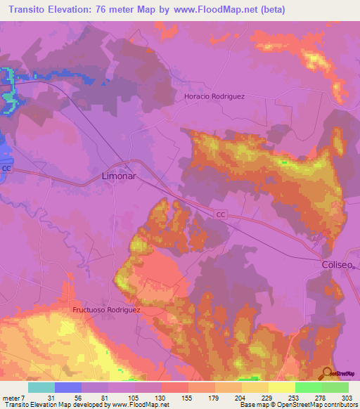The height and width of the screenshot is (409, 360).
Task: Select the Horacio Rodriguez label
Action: [214, 96]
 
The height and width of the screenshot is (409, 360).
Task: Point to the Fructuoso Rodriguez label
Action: [107, 309]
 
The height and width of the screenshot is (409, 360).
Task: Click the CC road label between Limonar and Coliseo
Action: [221, 214]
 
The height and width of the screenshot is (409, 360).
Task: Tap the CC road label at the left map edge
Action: [6, 169]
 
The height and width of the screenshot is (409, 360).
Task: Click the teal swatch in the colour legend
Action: [41, 387]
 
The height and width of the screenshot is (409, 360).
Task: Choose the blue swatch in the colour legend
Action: [67, 387]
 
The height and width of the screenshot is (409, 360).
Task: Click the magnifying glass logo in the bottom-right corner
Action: [328, 373]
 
